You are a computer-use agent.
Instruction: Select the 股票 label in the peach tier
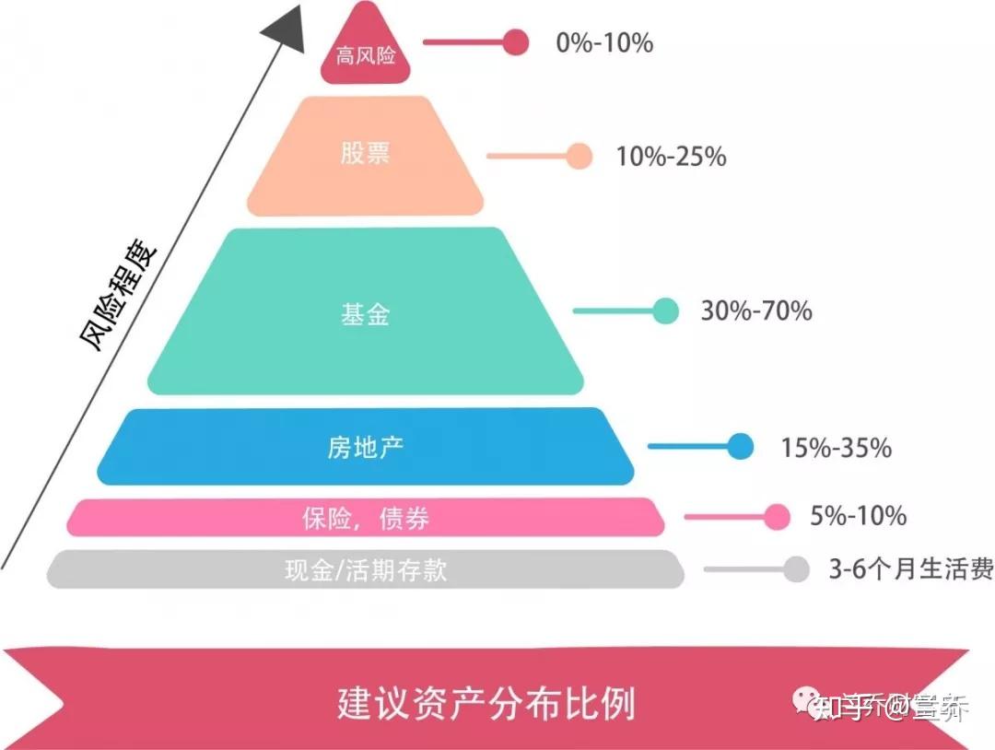pyautogui.click(x=366, y=153)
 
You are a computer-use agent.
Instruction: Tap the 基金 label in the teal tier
pyautogui.click(x=366, y=314)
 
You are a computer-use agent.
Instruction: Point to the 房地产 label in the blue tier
pyautogui.click(x=366, y=448)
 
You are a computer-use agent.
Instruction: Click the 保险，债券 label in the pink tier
pyautogui.click(x=366, y=519)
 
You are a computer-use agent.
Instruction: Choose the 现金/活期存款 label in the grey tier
pyautogui.click(x=366, y=569)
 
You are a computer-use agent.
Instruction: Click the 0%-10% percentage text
pyautogui.click(x=604, y=42)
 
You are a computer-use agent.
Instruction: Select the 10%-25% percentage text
pyautogui.click(x=671, y=157)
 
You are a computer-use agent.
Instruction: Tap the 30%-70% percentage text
pyautogui.click(x=756, y=311)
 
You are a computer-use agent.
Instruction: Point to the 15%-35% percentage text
pyautogui.click(x=836, y=448)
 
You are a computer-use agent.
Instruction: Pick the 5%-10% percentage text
pyautogui.click(x=858, y=516)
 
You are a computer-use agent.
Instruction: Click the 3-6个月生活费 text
pyautogui.click(x=910, y=569)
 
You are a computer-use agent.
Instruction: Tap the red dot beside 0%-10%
pyautogui.click(x=517, y=42)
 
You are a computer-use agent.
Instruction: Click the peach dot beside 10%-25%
pyautogui.click(x=579, y=157)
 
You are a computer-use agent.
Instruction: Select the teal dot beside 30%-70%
pyautogui.click(x=665, y=311)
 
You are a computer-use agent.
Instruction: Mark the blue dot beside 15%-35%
pyautogui.click(x=740, y=447)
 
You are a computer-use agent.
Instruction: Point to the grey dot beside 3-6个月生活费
pyautogui.click(x=797, y=569)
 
